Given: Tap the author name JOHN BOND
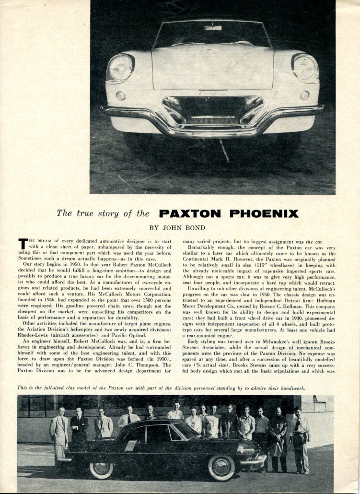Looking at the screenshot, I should click(180, 227).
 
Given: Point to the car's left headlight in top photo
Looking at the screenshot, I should click(120, 67).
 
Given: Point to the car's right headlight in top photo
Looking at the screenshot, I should click(304, 67).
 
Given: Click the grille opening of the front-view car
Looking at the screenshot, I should click(212, 111).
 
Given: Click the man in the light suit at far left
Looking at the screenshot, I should click(60, 429).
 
